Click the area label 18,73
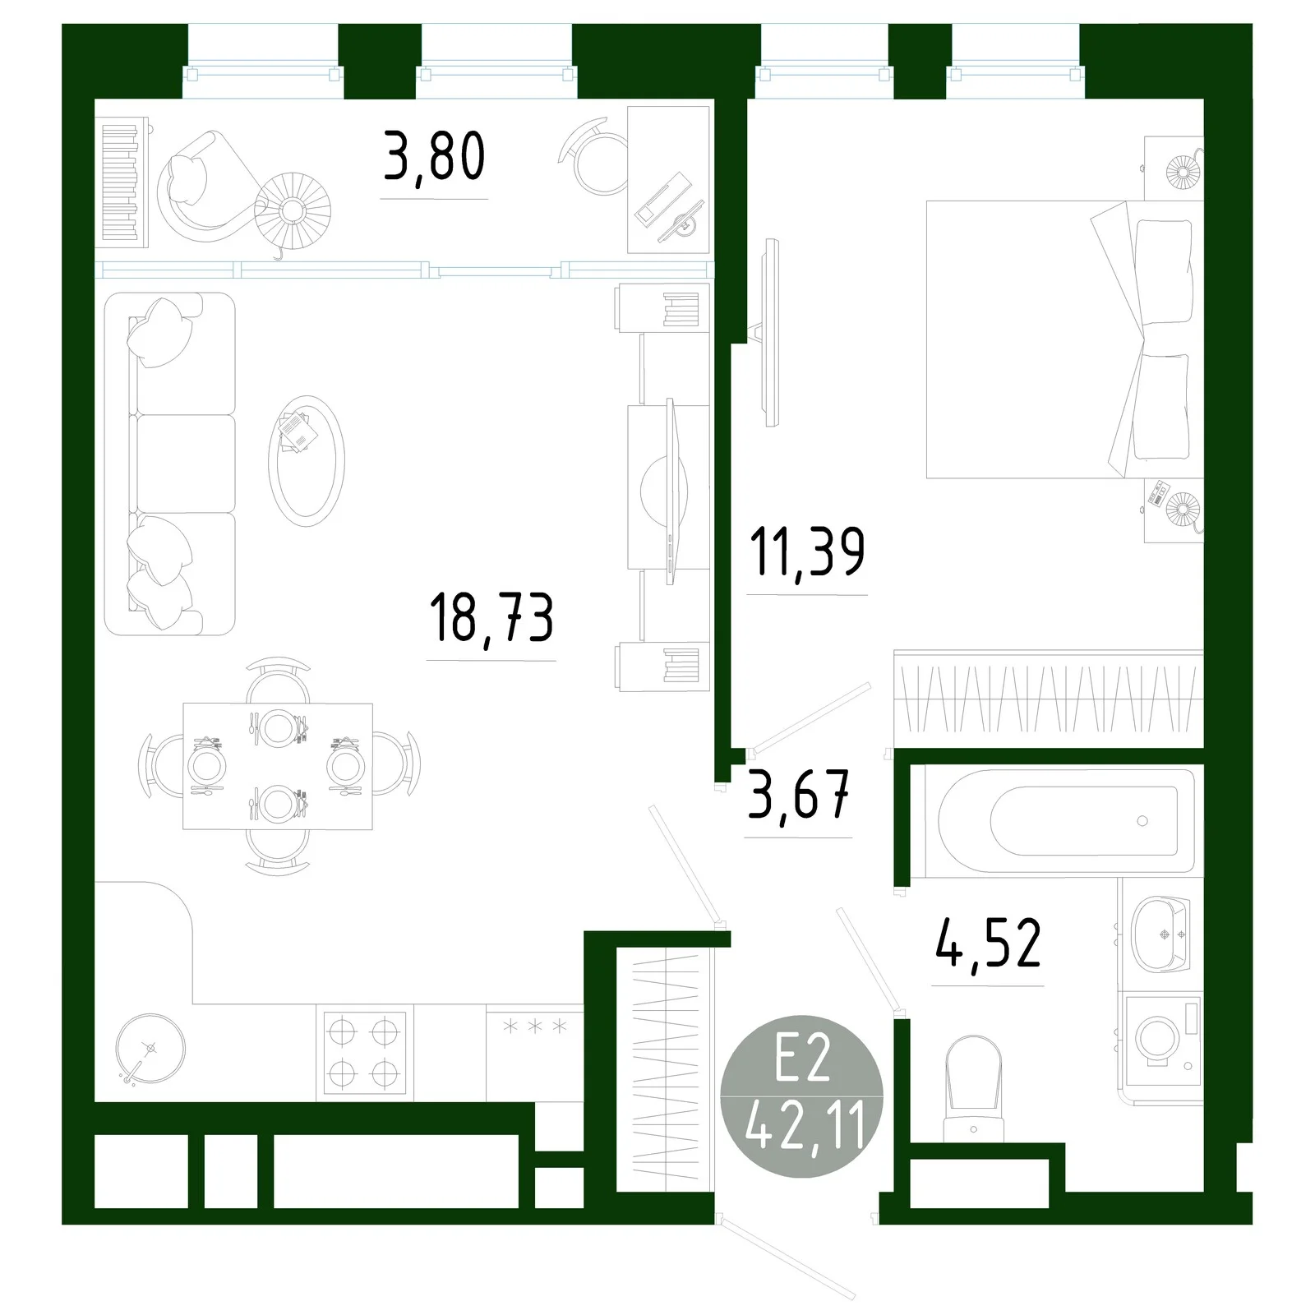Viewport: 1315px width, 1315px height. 491,618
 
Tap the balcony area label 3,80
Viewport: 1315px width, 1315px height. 434,158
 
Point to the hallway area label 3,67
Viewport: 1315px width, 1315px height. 798,795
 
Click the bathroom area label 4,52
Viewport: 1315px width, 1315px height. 988,944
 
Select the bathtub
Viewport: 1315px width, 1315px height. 1060,820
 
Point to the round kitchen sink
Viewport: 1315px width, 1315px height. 150,1050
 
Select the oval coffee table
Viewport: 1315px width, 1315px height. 306,461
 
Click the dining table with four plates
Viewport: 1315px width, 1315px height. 278,766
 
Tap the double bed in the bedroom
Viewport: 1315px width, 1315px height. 1060,339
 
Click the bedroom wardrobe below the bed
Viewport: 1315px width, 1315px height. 1048,699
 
